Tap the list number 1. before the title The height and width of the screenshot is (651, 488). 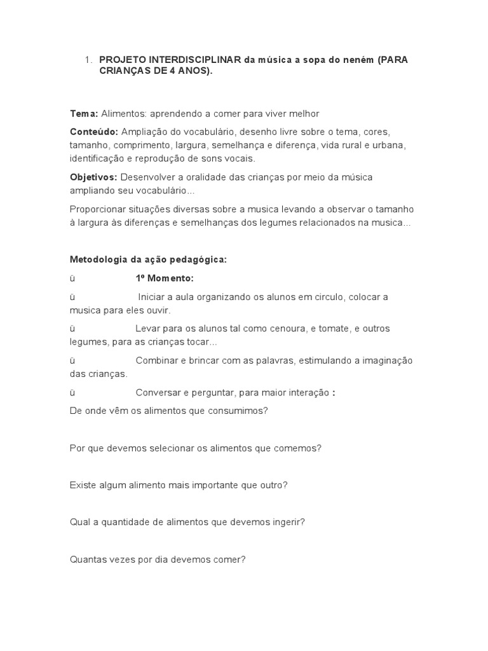(89, 60)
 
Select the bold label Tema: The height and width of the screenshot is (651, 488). (84, 114)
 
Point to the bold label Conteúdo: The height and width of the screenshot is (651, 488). (94, 132)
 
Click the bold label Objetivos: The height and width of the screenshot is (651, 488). (93, 177)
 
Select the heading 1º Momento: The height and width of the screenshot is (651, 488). (165, 278)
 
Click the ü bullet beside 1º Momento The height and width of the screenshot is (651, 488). (72, 278)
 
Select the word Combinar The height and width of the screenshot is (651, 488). (156, 360)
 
